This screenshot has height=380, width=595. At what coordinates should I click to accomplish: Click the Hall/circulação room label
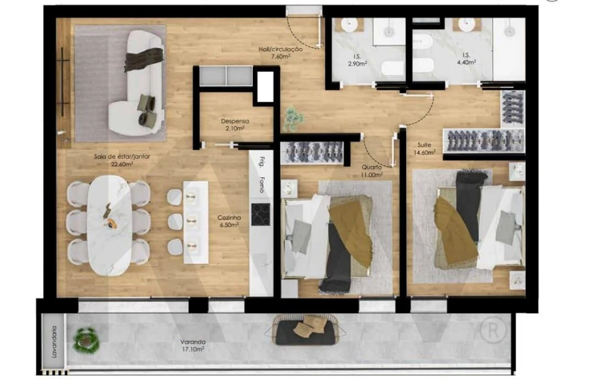click(x=280, y=52)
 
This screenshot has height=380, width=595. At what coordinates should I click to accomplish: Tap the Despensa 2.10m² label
click(x=235, y=124)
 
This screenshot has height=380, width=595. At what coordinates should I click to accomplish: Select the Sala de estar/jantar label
click(x=114, y=160)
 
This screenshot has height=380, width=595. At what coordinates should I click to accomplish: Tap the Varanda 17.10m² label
click(x=192, y=345)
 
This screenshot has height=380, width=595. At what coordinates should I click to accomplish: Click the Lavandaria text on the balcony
click(x=53, y=341)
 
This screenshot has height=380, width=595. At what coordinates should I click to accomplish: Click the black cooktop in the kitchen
click(x=261, y=214)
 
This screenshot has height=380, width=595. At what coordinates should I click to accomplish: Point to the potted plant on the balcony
click(x=87, y=340)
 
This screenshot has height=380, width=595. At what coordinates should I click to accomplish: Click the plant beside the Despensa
click(x=291, y=118)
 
